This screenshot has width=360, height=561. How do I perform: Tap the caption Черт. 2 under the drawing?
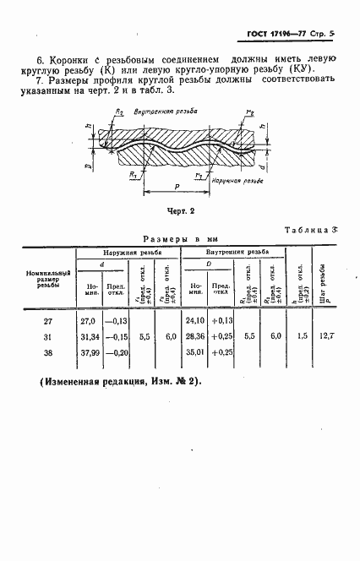(x=180, y=211)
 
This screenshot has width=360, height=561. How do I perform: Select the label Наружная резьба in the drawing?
(x=231, y=181)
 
